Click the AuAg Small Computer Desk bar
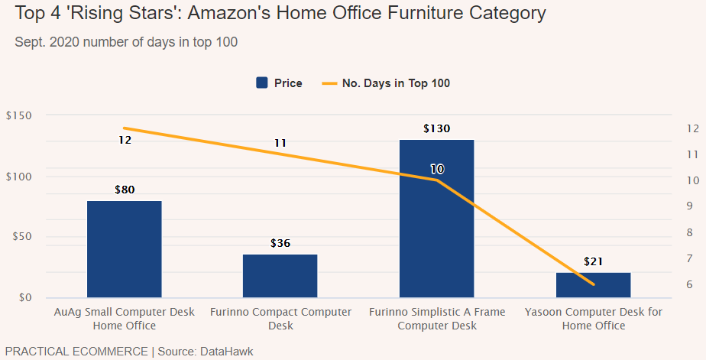(x=125, y=249)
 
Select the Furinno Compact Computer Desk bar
(x=280, y=276)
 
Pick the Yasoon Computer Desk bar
(x=593, y=285)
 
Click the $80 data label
(x=125, y=190)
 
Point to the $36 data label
(x=280, y=243)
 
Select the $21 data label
(x=593, y=261)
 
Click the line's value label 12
(x=125, y=141)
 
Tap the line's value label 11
(x=280, y=143)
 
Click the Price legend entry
(x=280, y=83)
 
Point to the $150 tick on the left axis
(x=18, y=115)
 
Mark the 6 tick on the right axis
(x=691, y=284)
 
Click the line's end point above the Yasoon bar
(x=593, y=284)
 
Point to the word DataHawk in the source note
(x=226, y=352)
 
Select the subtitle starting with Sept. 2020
(x=126, y=42)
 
